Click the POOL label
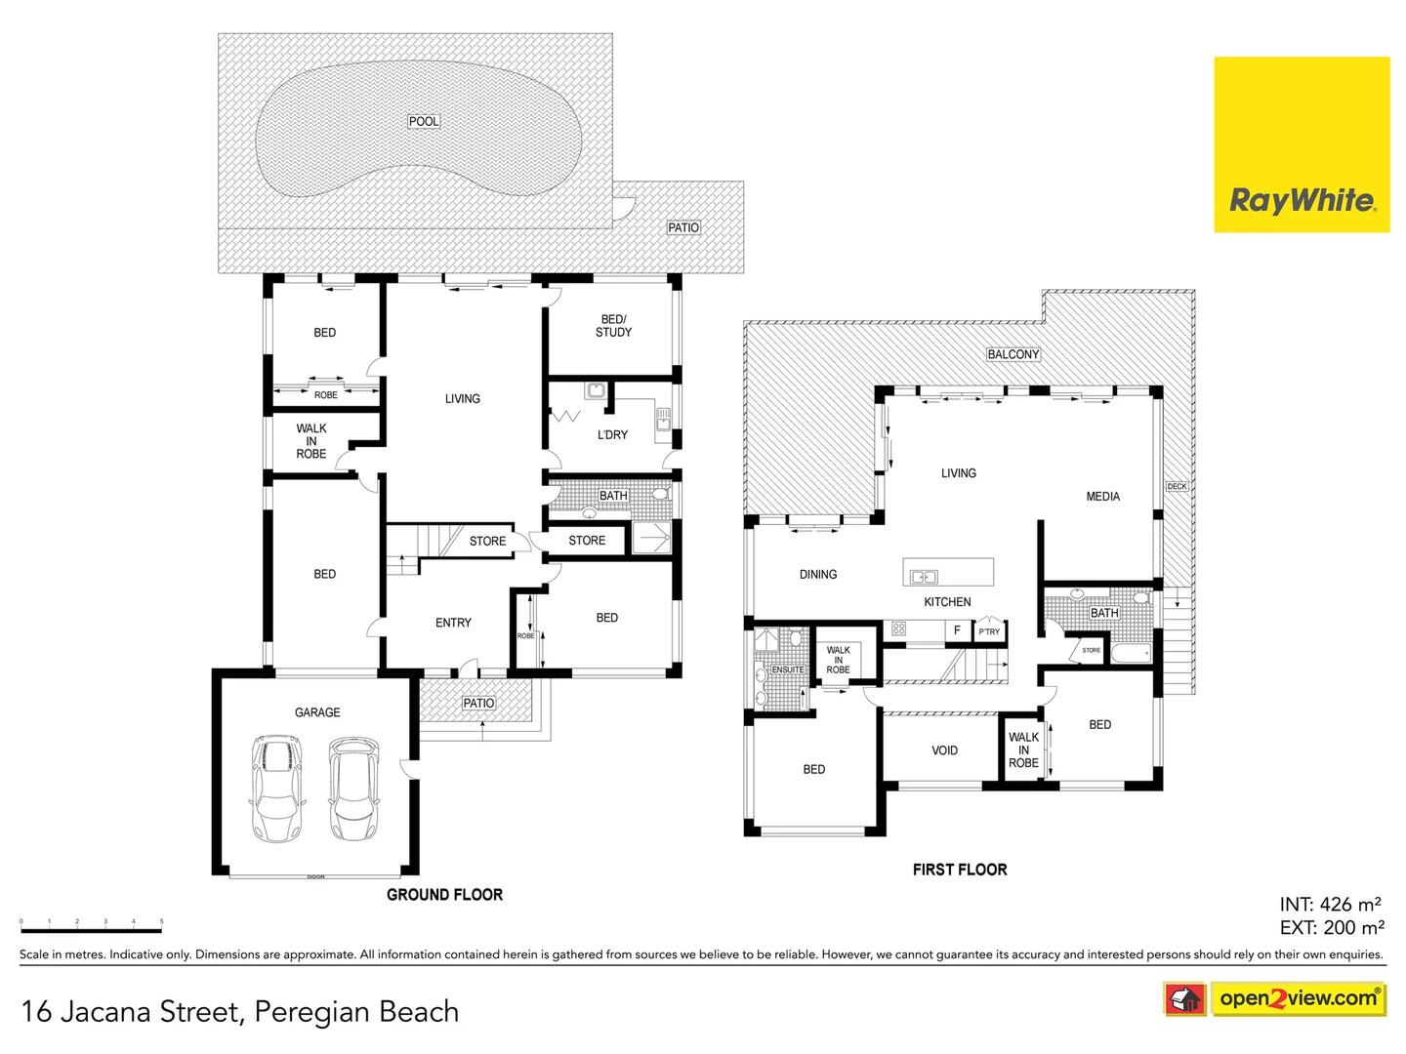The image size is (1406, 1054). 424,121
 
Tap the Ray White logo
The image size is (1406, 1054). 1302,144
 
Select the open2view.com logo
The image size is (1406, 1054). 1298,998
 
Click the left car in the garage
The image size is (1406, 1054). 277,788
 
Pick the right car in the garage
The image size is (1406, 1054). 352,788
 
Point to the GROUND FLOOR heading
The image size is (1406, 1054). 444,894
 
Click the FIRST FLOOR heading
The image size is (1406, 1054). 959,870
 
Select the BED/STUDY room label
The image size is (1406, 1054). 613,326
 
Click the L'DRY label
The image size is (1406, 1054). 612,435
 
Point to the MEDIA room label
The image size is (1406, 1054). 1102,497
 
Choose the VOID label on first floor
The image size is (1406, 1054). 944,750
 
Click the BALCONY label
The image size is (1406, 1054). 1013,354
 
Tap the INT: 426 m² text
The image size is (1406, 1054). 1330,905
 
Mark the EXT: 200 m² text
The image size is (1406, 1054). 1331,928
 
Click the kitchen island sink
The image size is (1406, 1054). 924,577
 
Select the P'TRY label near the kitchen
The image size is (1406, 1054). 989,631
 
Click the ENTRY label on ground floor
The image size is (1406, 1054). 453,623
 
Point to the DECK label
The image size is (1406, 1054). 1177,486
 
